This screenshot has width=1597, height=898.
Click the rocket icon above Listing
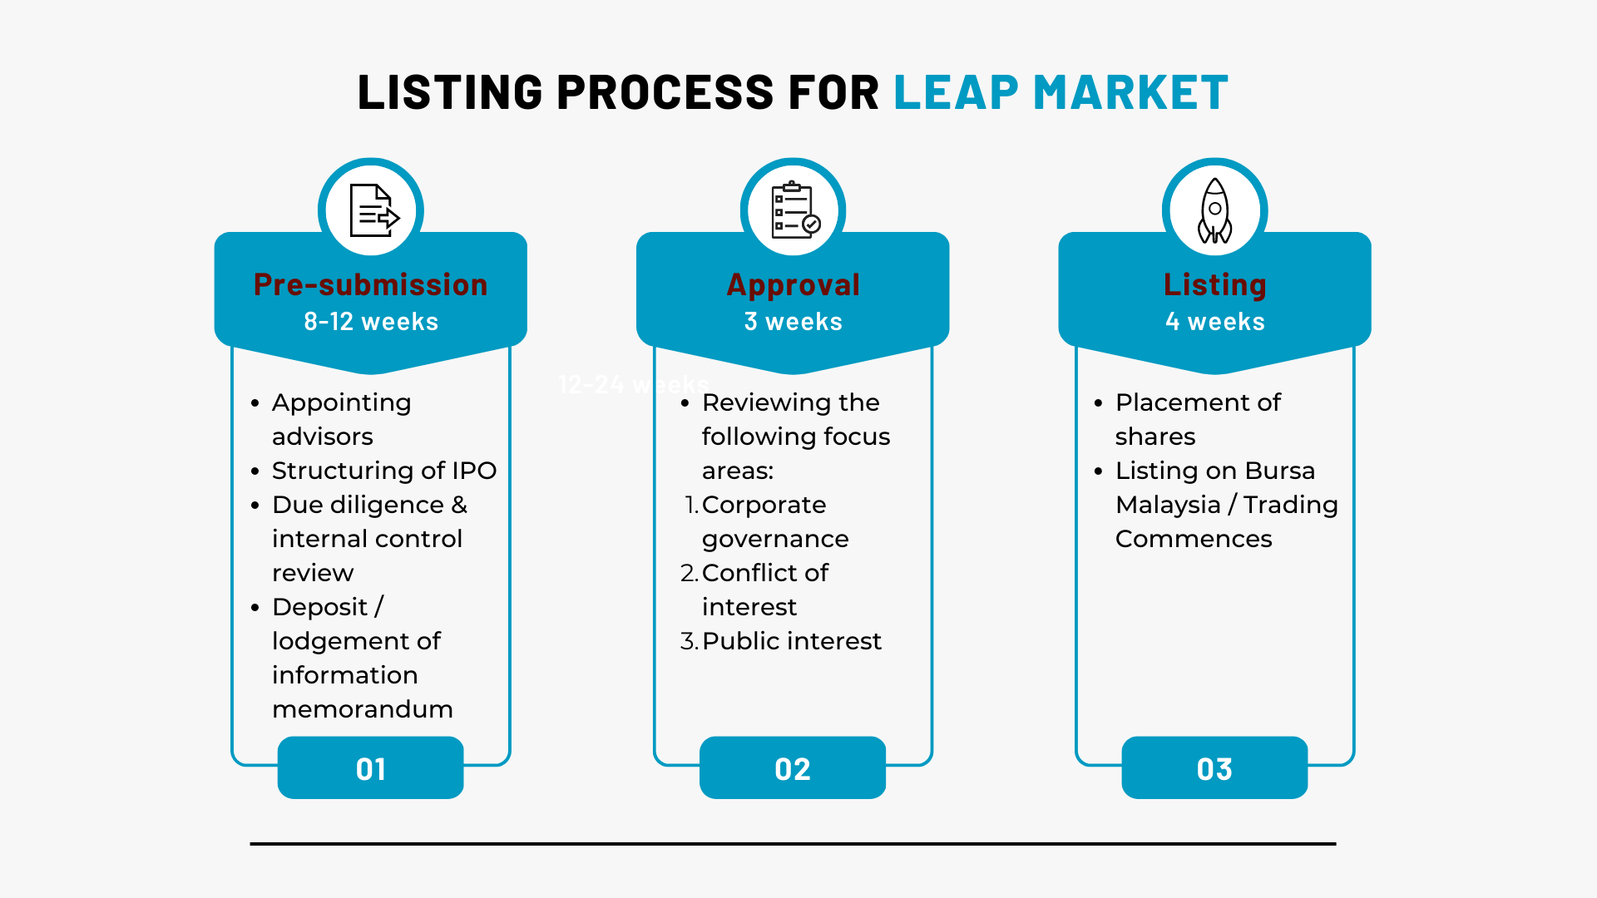click(1214, 211)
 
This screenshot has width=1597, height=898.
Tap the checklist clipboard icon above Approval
click(794, 211)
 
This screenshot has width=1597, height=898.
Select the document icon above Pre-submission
click(372, 211)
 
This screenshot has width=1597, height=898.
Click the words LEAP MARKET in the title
click(1061, 92)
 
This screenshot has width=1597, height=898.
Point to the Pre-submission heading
click(370, 285)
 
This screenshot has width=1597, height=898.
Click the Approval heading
click(793, 285)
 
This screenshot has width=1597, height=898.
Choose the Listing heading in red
click(1214, 285)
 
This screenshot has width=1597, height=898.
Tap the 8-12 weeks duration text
click(370, 322)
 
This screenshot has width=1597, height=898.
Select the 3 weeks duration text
click(793, 322)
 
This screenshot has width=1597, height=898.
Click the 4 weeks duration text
click(1214, 322)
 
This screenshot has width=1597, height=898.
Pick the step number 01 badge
click(370, 768)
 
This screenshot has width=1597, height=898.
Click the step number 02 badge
click(793, 768)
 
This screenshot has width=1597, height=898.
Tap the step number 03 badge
click(1214, 768)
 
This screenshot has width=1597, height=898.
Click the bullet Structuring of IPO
click(383, 471)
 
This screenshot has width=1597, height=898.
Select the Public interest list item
click(791, 641)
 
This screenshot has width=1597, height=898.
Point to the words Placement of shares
click(1197, 419)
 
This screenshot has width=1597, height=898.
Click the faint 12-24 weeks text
click(632, 384)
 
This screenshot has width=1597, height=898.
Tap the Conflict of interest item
click(764, 590)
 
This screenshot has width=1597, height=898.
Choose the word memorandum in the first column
click(362, 709)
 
